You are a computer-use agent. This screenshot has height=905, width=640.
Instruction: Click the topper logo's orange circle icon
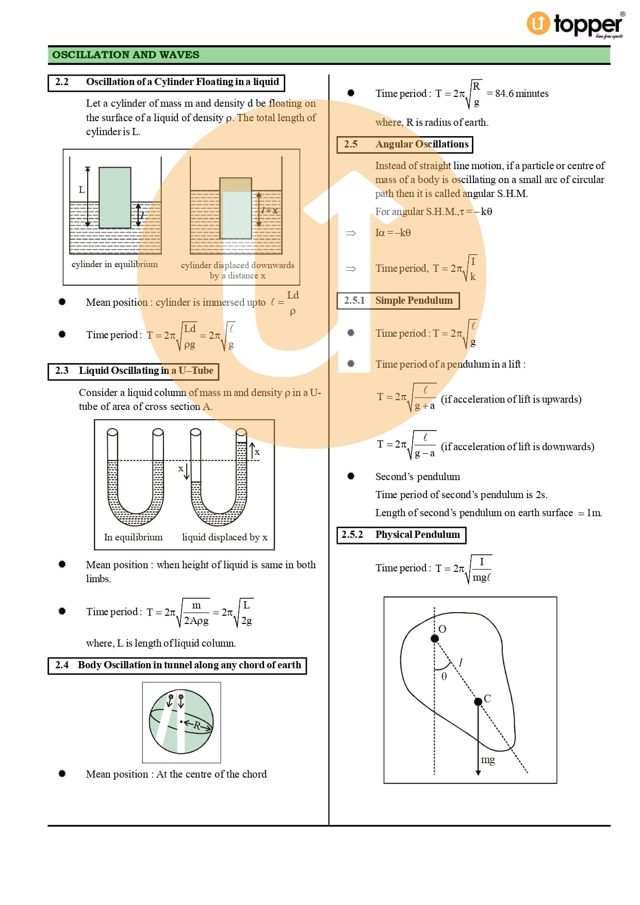(x=538, y=24)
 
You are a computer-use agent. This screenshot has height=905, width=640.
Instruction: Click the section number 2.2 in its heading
(x=62, y=82)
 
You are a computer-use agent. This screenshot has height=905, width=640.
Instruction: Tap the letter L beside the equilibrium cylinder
(x=81, y=190)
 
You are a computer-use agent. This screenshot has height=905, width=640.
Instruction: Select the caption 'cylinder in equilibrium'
(x=114, y=264)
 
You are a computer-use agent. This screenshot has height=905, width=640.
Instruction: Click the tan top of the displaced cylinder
(x=236, y=185)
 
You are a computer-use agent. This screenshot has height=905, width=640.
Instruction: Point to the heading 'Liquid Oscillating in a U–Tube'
(x=146, y=371)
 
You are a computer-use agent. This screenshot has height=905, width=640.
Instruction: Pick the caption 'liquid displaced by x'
(x=224, y=537)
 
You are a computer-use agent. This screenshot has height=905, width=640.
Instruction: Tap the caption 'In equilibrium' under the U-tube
(x=133, y=537)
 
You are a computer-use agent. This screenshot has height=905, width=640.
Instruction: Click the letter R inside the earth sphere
(x=196, y=725)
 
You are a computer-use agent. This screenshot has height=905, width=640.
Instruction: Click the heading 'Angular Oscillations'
(x=422, y=144)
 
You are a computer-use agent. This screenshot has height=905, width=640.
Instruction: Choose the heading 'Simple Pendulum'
(x=414, y=301)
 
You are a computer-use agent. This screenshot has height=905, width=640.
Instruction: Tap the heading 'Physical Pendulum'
(x=417, y=535)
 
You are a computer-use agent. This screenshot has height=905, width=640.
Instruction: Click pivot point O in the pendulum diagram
(x=435, y=638)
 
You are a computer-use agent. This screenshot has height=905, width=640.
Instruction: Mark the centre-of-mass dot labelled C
(x=478, y=701)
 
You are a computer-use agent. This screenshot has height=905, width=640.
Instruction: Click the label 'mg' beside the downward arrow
(x=488, y=760)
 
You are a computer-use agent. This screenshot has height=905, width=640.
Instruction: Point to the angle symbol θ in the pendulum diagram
(x=444, y=676)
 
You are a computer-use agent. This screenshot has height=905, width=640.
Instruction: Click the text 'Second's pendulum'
(x=417, y=476)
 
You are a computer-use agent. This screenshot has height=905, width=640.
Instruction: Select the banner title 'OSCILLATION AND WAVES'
(x=125, y=55)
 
